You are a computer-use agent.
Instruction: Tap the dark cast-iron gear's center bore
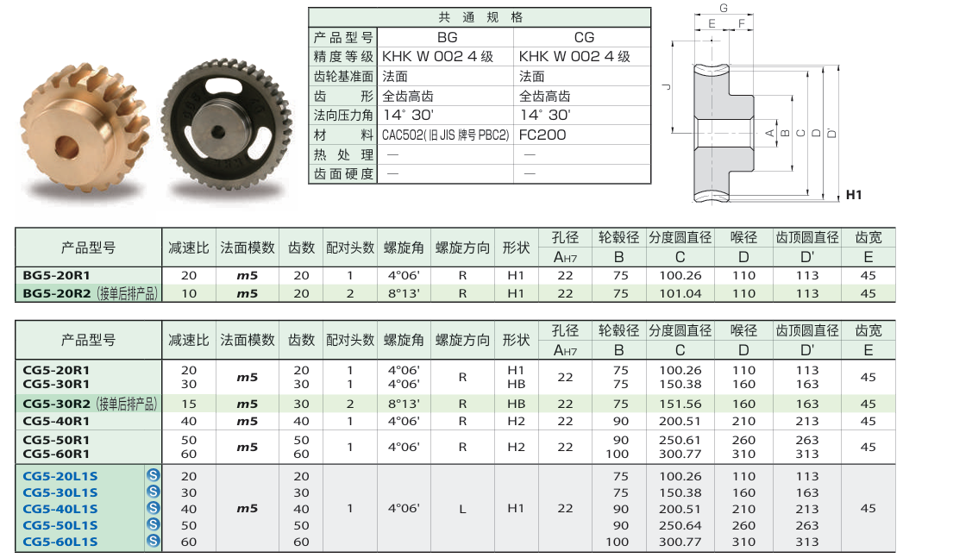(217, 132)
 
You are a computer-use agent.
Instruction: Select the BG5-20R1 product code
(56, 275)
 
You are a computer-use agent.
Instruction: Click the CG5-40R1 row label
(56, 422)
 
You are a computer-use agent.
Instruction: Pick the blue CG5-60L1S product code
(60, 542)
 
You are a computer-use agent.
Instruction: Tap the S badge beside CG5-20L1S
(154, 475)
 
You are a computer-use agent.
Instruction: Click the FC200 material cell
(542, 135)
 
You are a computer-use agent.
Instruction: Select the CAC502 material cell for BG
(445, 135)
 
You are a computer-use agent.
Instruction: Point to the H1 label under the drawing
(854, 195)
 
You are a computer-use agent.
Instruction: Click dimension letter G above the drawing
(724, 8)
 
